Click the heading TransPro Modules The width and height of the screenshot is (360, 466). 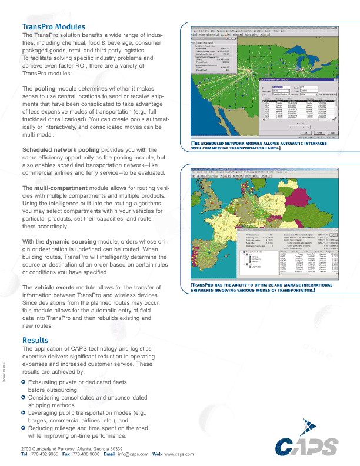(54, 27)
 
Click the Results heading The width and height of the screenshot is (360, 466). (35, 341)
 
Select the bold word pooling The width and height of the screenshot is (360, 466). (45, 88)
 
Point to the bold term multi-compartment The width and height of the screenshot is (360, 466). (58, 187)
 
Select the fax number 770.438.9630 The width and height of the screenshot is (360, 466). (86, 455)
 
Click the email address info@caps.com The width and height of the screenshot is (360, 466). (132, 455)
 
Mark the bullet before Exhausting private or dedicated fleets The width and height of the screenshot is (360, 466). (24, 382)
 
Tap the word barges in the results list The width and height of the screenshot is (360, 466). (39, 421)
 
